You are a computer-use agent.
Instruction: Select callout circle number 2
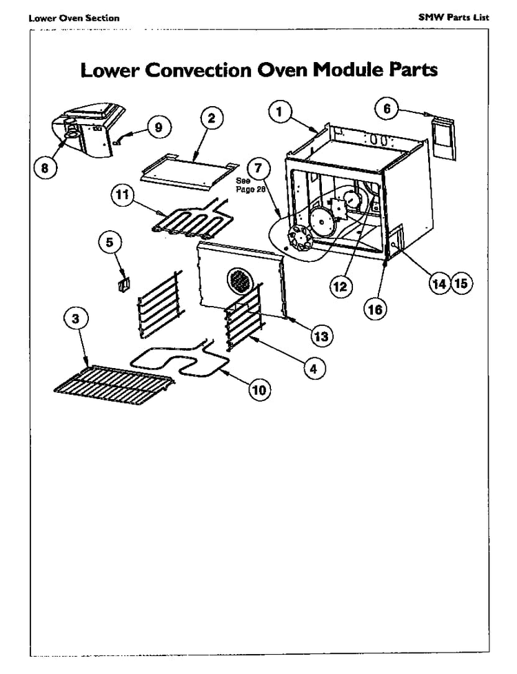pos(212,118)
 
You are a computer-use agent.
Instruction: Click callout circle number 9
pos(158,127)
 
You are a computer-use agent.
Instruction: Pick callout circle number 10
pos(259,390)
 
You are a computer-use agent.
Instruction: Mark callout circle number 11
pos(122,196)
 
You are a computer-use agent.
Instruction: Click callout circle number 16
pos(375,309)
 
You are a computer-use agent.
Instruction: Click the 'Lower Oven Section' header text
pos(74,18)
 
